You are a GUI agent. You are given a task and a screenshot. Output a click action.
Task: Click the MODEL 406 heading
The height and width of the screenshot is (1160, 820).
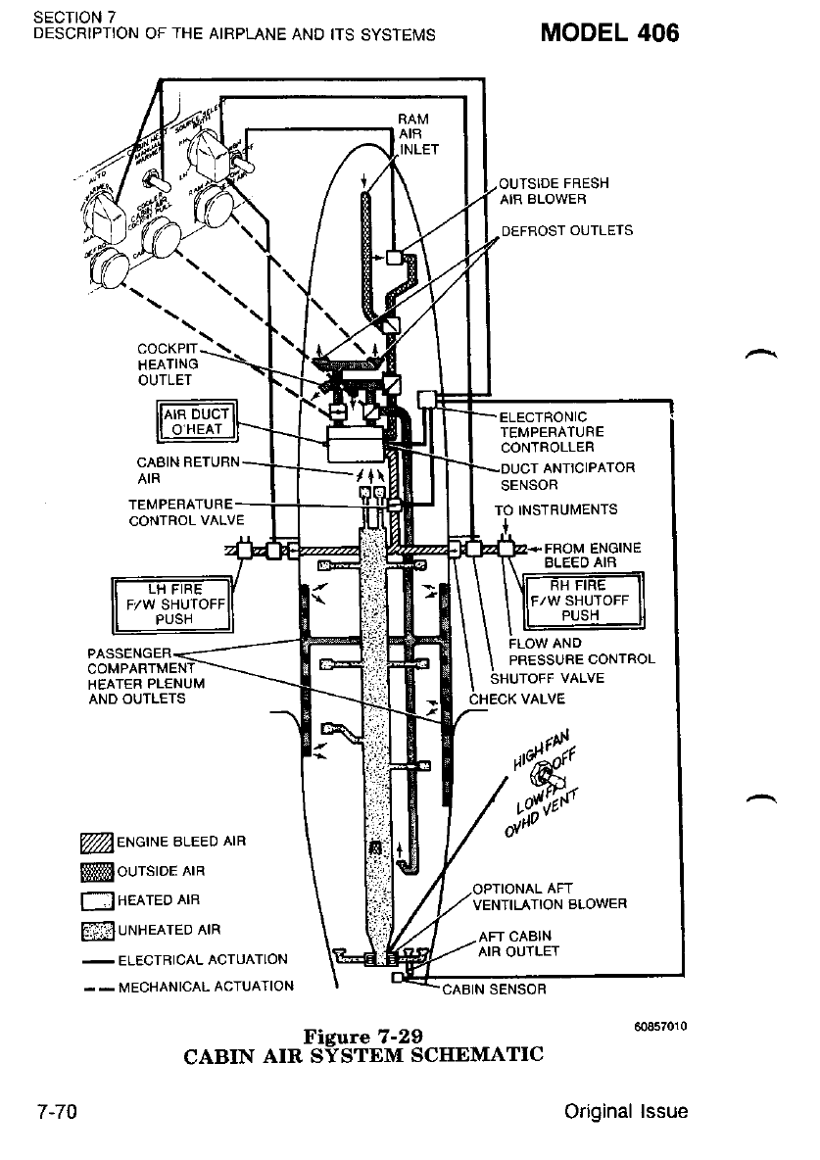[x=610, y=32]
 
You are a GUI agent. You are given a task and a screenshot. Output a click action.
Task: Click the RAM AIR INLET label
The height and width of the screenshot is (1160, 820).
[x=419, y=134]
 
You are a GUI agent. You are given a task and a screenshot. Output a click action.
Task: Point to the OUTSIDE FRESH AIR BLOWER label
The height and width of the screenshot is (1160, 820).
[x=554, y=191]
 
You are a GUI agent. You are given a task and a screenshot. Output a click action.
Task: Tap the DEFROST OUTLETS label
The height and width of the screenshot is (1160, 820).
[x=566, y=231]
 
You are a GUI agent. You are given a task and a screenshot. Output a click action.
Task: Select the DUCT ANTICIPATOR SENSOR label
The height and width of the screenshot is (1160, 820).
[x=567, y=476]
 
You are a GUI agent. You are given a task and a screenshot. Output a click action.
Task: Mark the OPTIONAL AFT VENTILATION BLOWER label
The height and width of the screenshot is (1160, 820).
[x=549, y=896]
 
